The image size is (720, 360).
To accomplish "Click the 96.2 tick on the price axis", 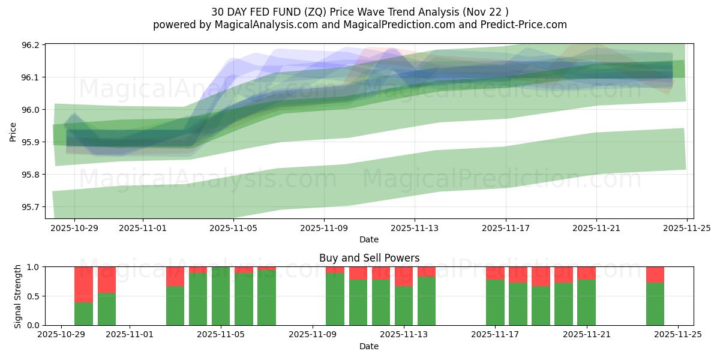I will click(x=31, y=45).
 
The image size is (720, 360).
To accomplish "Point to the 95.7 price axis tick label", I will click(x=31, y=207).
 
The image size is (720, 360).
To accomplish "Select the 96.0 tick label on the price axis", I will click(x=31, y=110).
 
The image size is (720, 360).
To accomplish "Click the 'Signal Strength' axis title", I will click(x=18, y=296).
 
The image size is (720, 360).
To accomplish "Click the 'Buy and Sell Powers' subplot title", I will click(x=369, y=258).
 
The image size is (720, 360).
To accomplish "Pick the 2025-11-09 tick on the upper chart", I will click(x=323, y=228).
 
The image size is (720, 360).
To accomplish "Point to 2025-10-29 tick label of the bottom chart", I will click(x=61, y=335).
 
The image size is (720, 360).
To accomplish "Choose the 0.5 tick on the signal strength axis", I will click(x=33, y=296).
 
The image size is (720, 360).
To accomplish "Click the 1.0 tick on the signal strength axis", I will click(x=33, y=267).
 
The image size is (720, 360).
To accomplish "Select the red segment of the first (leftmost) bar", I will click(x=83, y=284).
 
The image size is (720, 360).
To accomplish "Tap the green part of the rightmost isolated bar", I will click(x=655, y=304).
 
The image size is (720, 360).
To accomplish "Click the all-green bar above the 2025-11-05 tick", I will click(x=221, y=296).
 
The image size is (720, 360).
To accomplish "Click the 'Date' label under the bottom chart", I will click(x=369, y=346).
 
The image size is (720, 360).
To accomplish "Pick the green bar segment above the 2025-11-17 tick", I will click(x=495, y=302).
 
